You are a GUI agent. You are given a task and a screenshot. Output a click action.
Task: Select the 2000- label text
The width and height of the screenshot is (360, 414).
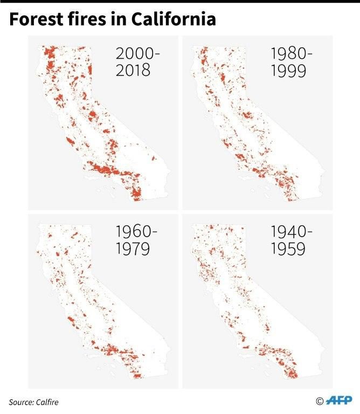[x=138, y=54]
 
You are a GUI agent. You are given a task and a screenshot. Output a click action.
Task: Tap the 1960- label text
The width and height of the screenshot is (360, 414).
[x=137, y=232]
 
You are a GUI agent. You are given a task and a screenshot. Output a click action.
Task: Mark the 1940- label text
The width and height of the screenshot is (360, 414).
[x=290, y=232]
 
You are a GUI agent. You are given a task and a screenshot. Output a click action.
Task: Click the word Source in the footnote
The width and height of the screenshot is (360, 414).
[x=21, y=402]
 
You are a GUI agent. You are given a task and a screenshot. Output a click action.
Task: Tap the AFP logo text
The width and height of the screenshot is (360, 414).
[x=339, y=401]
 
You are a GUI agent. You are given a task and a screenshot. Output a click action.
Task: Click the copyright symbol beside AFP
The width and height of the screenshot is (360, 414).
[x=320, y=402]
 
